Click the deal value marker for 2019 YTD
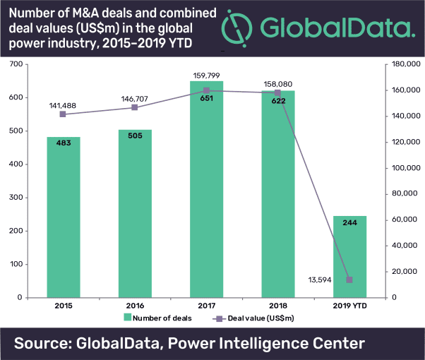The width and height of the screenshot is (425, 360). pyautogui.click(x=349, y=280)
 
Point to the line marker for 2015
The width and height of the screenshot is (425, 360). pyautogui.click(x=63, y=114)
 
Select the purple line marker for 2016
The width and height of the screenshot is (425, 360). pyautogui.click(x=135, y=107)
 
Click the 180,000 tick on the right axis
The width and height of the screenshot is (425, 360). pyautogui.click(x=404, y=64)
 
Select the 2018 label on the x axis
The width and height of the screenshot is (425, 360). pyautogui.click(x=278, y=306)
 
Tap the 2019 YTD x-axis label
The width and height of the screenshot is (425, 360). pyautogui.click(x=349, y=306)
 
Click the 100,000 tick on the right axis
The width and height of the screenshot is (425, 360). pyautogui.click(x=404, y=168)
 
